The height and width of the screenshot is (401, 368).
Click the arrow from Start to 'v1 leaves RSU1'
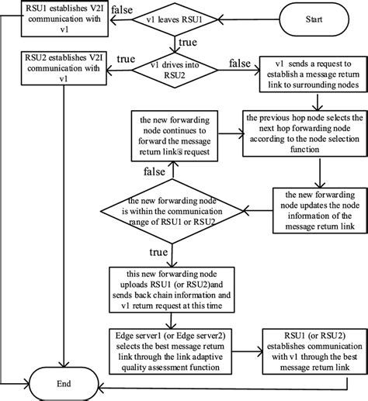246,20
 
